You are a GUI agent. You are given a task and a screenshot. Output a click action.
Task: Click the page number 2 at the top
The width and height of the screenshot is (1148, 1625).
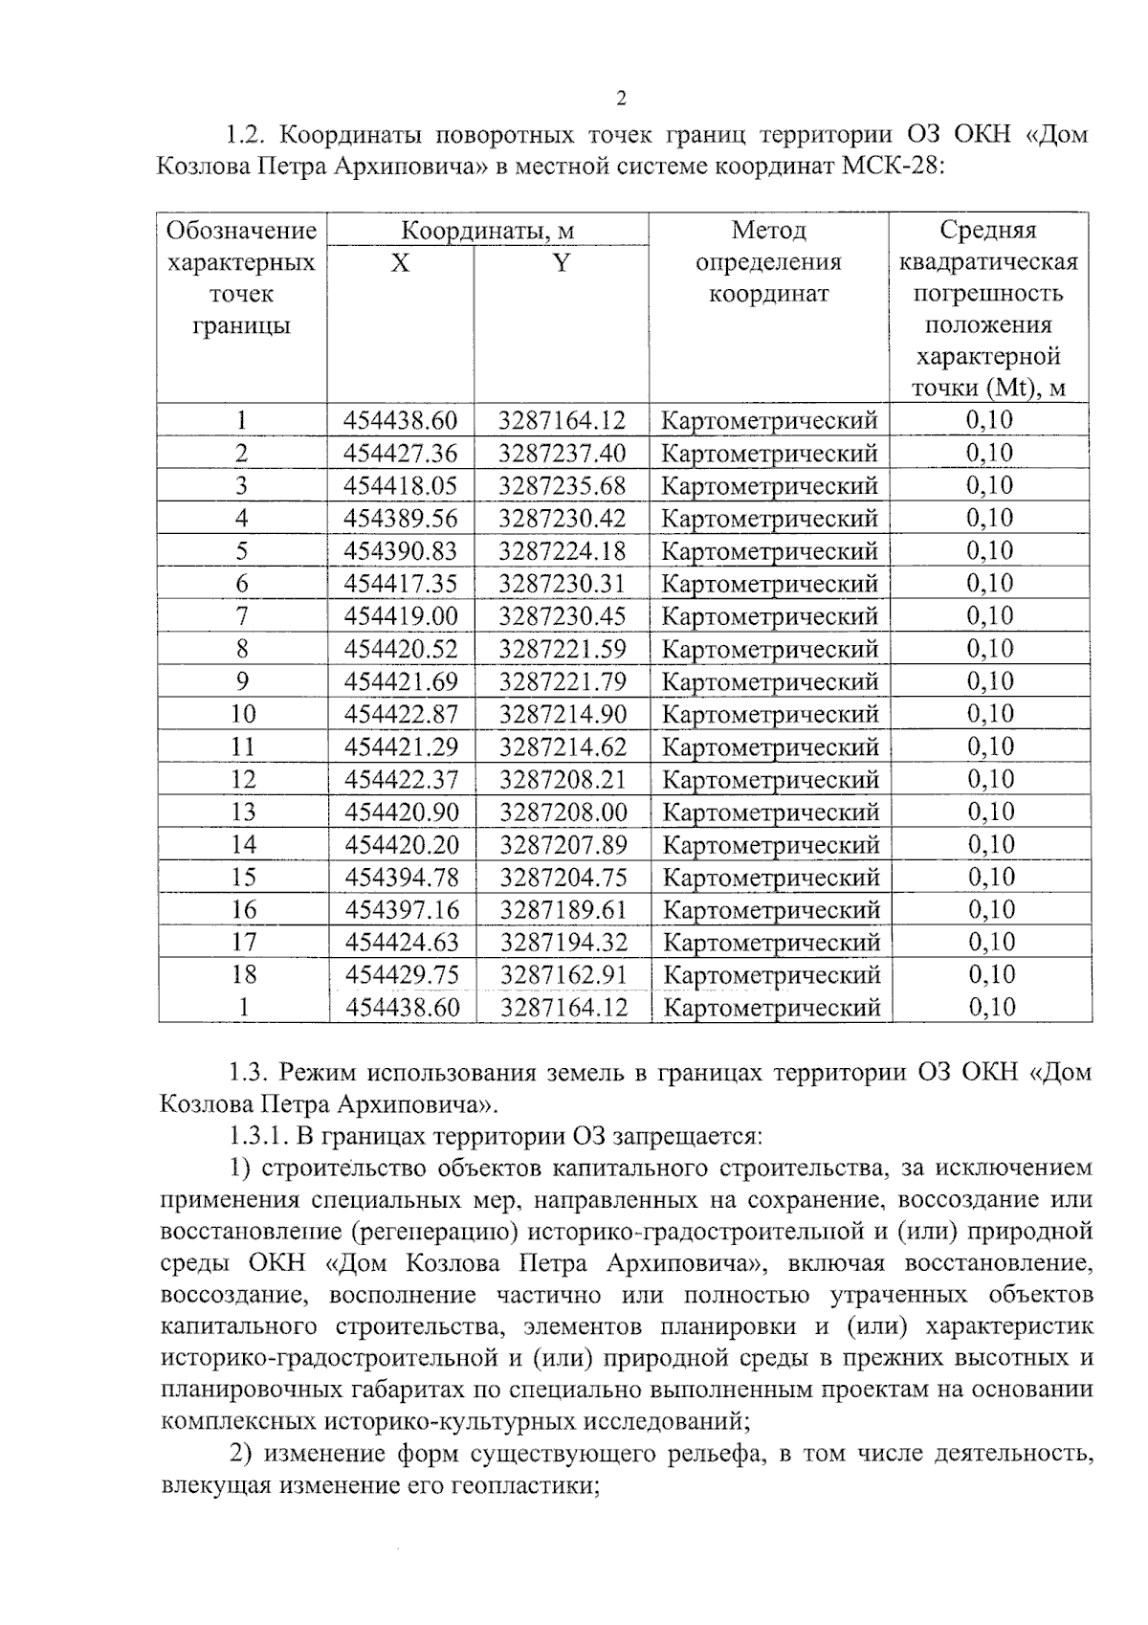point(622,99)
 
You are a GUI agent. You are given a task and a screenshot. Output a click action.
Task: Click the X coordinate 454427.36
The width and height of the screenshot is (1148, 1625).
point(401,453)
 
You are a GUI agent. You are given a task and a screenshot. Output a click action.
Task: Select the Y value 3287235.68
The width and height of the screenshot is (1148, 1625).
point(562,485)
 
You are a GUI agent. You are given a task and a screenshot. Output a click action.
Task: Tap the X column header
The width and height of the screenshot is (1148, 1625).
point(400,262)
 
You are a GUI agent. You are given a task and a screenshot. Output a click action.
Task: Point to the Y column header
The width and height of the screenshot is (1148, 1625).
point(562,262)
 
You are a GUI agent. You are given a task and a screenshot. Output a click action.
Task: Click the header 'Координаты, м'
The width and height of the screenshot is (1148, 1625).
point(487,231)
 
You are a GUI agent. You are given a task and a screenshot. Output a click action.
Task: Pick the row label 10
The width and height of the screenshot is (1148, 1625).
point(243,714)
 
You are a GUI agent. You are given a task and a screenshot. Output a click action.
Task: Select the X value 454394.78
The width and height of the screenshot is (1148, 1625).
point(402,877)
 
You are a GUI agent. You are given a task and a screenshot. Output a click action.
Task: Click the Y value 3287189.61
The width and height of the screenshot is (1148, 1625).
point(563,909)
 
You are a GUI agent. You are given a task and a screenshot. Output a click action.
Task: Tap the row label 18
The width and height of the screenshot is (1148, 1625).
point(244,974)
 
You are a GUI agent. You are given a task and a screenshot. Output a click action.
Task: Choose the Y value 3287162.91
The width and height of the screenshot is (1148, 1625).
point(563,974)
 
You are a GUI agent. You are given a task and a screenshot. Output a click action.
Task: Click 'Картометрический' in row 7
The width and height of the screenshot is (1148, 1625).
point(769,616)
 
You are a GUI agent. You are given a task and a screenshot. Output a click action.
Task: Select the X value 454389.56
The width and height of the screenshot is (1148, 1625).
point(401,519)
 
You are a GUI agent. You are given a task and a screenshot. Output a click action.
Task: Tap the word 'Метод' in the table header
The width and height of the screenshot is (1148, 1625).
point(768,231)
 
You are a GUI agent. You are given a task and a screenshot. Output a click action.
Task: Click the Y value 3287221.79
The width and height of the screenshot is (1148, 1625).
point(563,681)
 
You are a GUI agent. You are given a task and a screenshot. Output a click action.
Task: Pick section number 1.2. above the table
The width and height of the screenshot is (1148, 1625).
point(245,134)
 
